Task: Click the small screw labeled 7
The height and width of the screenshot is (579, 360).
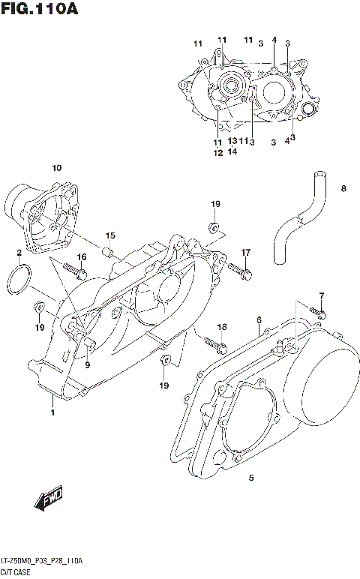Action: click(x=319, y=313)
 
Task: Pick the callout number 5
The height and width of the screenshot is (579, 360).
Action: click(x=251, y=477)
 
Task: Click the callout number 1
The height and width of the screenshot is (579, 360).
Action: click(x=52, y=412)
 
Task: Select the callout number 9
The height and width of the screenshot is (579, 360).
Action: click(x=88, y=364)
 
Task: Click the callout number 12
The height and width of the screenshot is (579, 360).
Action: click(x=217, y=152)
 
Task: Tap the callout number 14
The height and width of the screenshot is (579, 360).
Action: click(x=232, y=151)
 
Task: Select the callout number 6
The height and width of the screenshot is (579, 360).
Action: click(x=259, y=320)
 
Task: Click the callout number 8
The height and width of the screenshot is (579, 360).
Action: click(x=343, y=189)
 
